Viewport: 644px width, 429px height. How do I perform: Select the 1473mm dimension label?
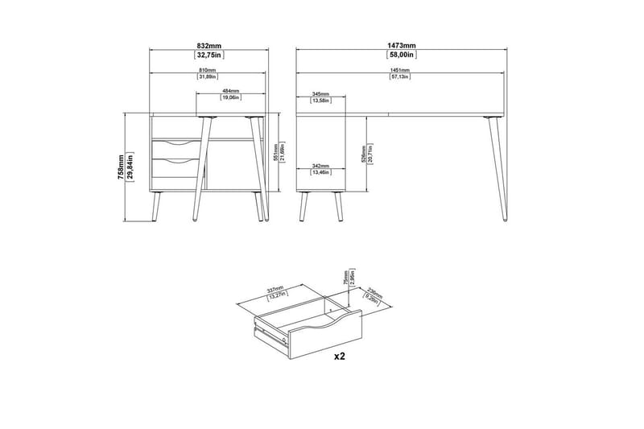click(400, 47)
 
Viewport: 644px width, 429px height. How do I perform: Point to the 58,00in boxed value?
click(400, 56)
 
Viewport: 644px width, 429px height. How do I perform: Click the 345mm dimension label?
click(320, 95)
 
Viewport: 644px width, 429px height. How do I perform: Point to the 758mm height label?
click(122, 167)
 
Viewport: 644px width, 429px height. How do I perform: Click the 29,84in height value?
click(130, 167)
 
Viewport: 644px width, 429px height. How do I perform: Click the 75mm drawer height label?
click(345, 278)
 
